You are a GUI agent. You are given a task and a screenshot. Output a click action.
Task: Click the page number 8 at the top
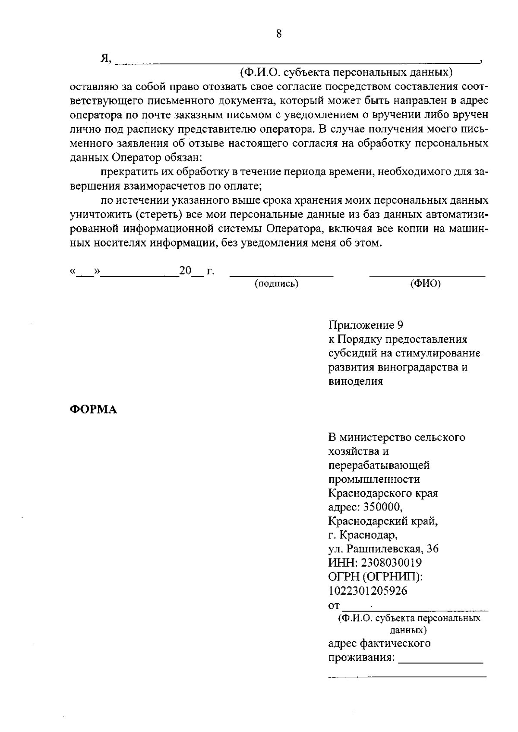(x=279, y=34)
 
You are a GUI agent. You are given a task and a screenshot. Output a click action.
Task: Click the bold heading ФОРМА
(x=93, y=409)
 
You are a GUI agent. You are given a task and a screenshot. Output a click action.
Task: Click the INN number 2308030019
(x=393, y=563)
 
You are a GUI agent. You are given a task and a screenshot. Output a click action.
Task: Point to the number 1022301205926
(x=367, y=590)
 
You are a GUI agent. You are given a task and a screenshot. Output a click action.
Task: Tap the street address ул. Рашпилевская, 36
(x=383, y=549)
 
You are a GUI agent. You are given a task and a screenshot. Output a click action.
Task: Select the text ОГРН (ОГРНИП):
(x=375, y=577)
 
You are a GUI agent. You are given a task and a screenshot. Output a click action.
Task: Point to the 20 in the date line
(x=185, y=271)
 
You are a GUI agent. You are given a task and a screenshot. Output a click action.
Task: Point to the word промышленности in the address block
(x=374, y=479)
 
